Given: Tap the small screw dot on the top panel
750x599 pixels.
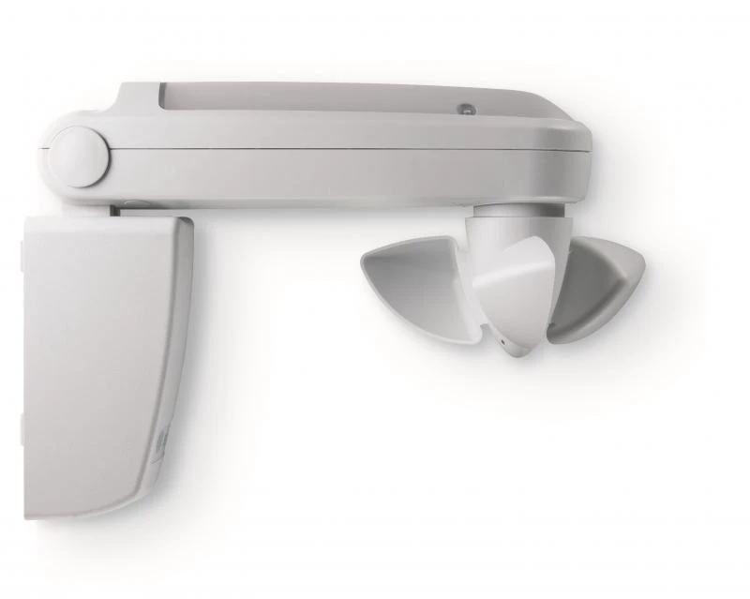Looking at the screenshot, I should [463, 109].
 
